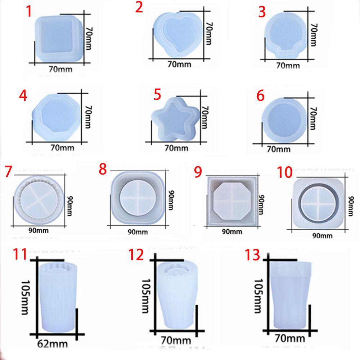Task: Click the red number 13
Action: (x=255, y=256)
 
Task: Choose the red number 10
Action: (x=285, y=172)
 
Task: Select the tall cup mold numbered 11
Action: (x=57, y=295)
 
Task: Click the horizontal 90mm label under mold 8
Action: (x=137, y=232)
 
